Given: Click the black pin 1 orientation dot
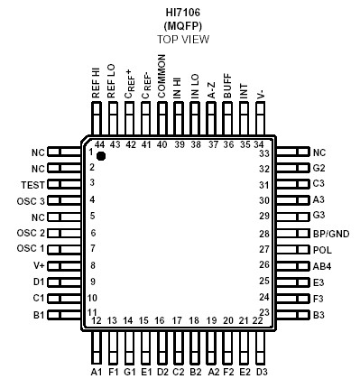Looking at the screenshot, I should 101,157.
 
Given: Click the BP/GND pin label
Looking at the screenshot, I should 330,233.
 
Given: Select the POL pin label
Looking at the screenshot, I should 322,249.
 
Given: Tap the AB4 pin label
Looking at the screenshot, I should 323,265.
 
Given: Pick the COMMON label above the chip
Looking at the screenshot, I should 162,80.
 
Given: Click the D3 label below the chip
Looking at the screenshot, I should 262,371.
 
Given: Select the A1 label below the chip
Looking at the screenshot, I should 96,371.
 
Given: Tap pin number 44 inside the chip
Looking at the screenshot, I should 97,144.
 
